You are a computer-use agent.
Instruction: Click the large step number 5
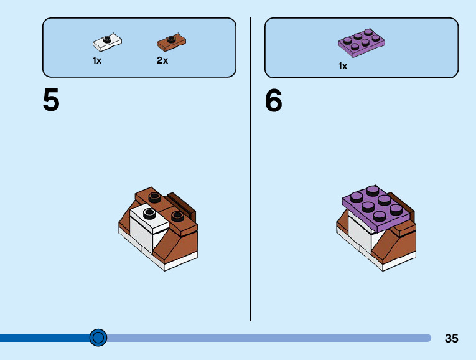pyautogui.click(x=51, y=100)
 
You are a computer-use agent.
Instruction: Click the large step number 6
pyautogui.click(x=273, y=100)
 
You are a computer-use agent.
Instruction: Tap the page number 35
pyautogui.click(x=451, y=339)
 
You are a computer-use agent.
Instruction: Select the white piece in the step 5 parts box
pyautogui.click(x=107, y=43)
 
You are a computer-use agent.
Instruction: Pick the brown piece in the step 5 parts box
pyautogui.click(x=171, y=42)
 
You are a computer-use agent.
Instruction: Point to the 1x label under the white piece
pyautogui.click(x=97, y=60)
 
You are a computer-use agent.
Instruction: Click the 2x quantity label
pyautogui.click(x=162, y=60)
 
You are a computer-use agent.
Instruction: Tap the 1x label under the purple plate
pyautogui.click(x=343, y=65)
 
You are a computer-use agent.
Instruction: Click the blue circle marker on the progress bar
pyautogui.click(x=98, y=338)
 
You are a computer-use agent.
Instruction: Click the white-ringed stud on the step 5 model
pyautogui.click(x=149, y=214)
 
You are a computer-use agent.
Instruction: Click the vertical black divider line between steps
pyautogui.click(x=250, y=168)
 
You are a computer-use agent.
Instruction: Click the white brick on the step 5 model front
pyautogui.click(x=142, y=233)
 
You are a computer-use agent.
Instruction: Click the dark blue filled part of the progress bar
pyautogui.click(x=44, y=338)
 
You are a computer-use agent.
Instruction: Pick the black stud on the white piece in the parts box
pyautogui.click(x=108, y=39)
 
